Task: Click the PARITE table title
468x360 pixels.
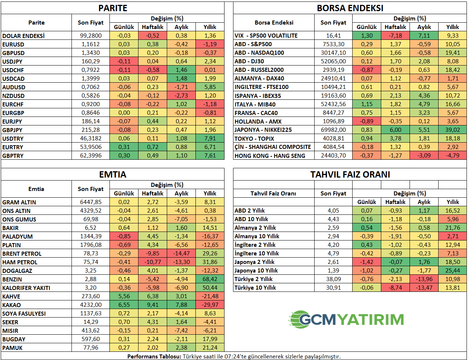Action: [113, 8]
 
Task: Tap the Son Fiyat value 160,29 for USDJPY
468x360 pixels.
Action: [90, 61]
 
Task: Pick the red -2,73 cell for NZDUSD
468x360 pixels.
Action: [181, 96]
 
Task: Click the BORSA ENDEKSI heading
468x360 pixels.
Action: [350, 8]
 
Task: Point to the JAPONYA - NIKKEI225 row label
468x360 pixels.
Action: [263, 130]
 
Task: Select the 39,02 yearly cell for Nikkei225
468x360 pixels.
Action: [452, 130]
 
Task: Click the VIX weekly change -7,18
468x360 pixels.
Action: [395, 35]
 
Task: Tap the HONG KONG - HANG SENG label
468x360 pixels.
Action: [270, 156]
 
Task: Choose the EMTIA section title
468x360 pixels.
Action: [113, 174]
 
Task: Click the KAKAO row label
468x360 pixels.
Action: [12, 305]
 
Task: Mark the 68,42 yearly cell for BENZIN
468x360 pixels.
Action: [210, 279]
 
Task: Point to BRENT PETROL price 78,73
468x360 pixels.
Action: [90, 254]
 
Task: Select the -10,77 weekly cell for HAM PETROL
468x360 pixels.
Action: [153, 262]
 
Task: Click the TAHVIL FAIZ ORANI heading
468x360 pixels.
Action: [350, 174]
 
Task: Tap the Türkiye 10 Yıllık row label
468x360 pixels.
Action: [255, 288]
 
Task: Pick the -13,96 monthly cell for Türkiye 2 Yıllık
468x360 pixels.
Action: [424, 279]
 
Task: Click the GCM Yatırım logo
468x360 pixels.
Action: [346, 319]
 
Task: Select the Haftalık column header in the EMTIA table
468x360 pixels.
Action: [153, 193]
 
